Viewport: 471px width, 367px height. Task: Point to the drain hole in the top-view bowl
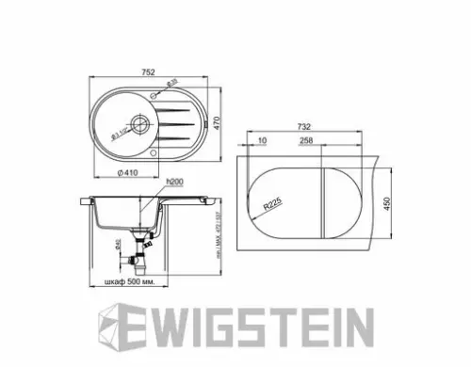(x=138, y=121)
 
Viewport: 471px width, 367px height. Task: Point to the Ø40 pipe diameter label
(x=117, y=247)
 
